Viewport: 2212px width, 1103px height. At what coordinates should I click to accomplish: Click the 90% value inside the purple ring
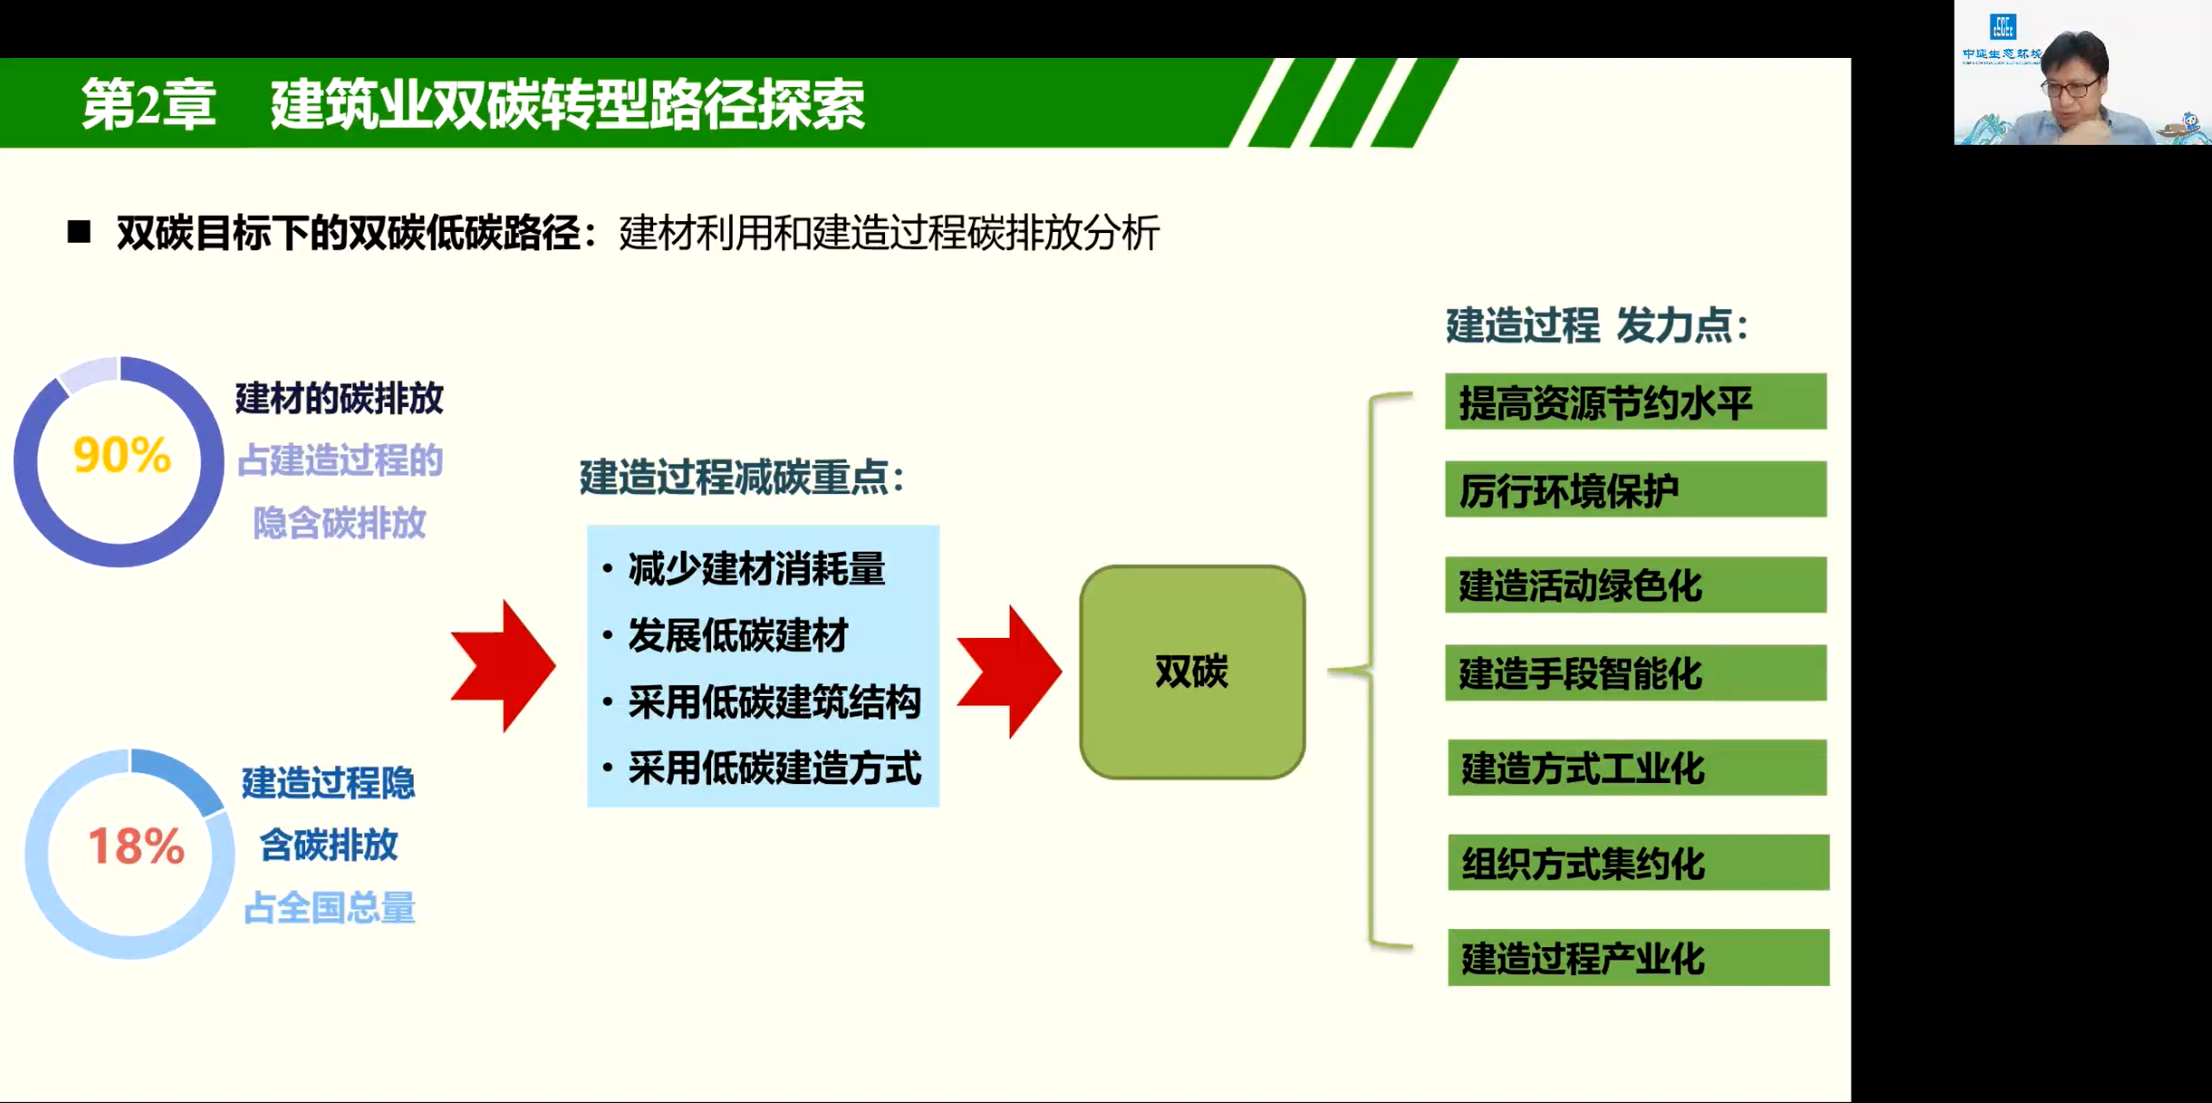pos(121,455)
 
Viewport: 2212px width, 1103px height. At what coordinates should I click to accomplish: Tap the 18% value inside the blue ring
pos(136,847)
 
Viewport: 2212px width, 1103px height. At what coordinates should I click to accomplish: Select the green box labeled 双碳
pos(1192,672)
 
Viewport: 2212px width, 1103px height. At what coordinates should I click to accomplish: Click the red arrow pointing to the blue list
pos(503,666)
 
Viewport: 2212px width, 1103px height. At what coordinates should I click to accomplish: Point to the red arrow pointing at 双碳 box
pos(1009,672)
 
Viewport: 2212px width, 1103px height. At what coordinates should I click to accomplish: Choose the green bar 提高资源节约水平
pos(1636,402)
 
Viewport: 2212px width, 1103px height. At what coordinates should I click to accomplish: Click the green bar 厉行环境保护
pos(1636,489)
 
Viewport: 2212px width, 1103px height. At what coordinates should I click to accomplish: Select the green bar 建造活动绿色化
pos(1636,585)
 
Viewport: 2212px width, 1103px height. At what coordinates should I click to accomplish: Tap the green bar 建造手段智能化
pos(1636,672)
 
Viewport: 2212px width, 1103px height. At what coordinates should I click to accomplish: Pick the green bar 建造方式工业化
pos(1638,768)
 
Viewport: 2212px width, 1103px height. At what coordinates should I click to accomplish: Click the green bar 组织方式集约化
pos(1639,863)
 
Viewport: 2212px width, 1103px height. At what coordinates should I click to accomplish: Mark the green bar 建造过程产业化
pos(1639,957)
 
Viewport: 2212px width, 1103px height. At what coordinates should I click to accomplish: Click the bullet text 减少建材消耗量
pos(756,569)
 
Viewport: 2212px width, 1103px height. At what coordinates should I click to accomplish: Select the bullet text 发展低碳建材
pos(738,635)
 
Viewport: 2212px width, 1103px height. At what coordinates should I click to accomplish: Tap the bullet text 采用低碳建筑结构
pos(774,702)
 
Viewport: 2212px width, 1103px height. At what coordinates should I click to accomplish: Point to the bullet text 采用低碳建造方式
pos(774,769)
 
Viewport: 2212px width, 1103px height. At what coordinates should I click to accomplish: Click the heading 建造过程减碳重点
pos(742,478)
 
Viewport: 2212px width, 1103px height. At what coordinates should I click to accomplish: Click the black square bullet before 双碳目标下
pos(79,232)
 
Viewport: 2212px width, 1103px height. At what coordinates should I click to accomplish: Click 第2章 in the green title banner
pos(149,103)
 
